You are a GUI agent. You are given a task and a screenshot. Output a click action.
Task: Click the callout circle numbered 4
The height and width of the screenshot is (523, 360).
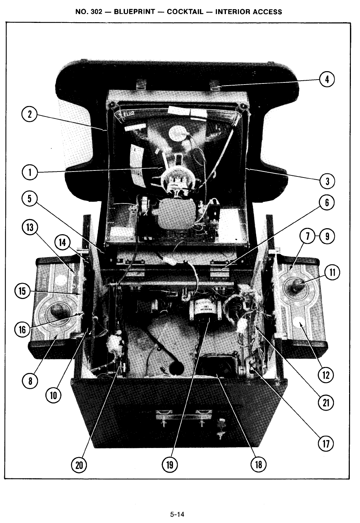(x=327, y=80)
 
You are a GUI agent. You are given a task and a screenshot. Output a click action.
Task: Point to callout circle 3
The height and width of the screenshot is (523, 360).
(x=327, y=181)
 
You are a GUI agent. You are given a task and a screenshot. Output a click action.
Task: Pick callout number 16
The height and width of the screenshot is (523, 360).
(x=22, y=330)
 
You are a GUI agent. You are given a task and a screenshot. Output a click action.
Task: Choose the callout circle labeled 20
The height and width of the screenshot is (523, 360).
(x=79, y=465)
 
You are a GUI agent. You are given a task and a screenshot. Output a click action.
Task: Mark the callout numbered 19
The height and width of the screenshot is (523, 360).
(x=170, y=465)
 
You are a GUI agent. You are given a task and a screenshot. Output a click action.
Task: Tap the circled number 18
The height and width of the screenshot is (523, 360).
(x=259, y=465)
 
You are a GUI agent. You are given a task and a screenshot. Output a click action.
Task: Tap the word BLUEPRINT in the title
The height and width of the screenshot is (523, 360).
(x=134, y=12)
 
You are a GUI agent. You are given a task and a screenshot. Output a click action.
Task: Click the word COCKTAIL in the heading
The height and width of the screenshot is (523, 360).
(x=185, y=12)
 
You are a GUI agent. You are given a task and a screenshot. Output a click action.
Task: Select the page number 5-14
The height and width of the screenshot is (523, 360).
(x=177, y=515)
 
